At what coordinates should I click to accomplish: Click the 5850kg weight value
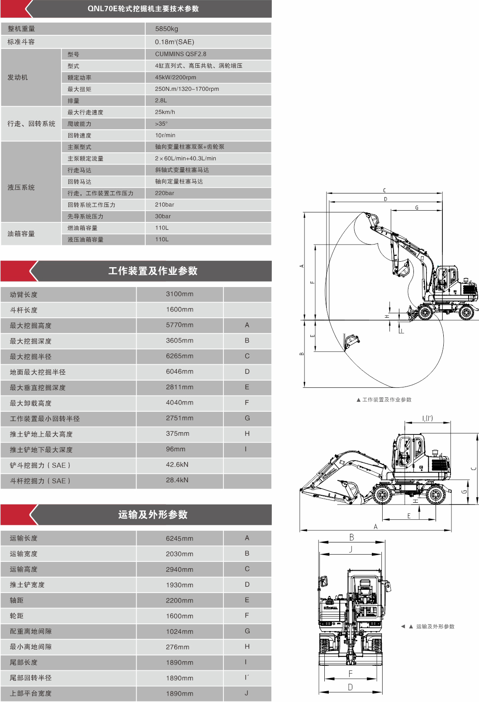pyautogui.click(x=166, y=28)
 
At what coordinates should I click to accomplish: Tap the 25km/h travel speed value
pyautogui.click(x=165, y=112)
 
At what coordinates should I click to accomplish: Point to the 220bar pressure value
pyautogui.click(x=164, y=193)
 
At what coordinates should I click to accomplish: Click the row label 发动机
pyautogui.click(x=18, y=77)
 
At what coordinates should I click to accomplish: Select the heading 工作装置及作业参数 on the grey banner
pyautogui.click(x=153, y=271)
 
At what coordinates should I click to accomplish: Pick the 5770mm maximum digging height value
pyautogui.click(x=179, y=325)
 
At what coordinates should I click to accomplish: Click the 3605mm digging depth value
pyautogui.click(x=179, y=340)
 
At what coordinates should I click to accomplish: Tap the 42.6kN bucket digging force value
pyautogui.click(x=177, y=465)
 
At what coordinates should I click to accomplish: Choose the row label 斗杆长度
pyautogui.click(x=24, y=310)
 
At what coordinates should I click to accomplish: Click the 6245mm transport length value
pyautogui.click(x=179, y=538)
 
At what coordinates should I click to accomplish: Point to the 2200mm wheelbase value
pyautogui.click(x=179, y=600)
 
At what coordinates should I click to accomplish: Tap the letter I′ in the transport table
pyautogui.click(x=247, y=678)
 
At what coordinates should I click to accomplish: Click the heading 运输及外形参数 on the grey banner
pyautogui.click(x=153, y=514)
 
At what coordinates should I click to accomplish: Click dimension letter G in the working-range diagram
pyautogui.click(x=417, y=207)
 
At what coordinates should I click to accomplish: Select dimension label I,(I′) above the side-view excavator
pyautogui.click(x=427, y=418)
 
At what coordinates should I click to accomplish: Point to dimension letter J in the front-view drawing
pyautogui.click(x=351, y=549)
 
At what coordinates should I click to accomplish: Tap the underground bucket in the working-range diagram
pyautogui.click(x=351, y=341)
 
